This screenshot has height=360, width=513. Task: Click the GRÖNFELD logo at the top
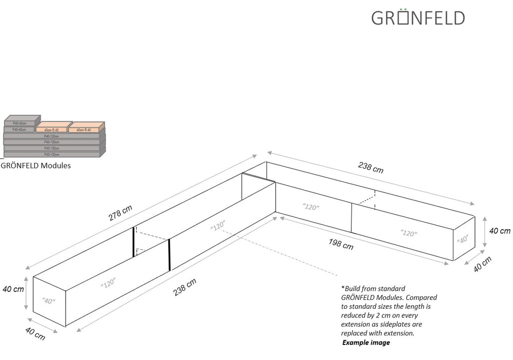point(417,18)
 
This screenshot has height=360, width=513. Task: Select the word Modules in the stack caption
point(56,165)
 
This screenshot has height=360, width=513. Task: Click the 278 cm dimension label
point(121,213)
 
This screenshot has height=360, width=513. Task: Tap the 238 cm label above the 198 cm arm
point(371,167)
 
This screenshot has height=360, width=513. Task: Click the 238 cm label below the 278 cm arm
point(185,287)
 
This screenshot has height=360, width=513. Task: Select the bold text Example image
point(366,342)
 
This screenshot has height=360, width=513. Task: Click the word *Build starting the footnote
point(351,288)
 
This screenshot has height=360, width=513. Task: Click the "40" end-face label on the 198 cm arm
point(462,239)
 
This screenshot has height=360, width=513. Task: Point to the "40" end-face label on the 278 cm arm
point(49,301)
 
